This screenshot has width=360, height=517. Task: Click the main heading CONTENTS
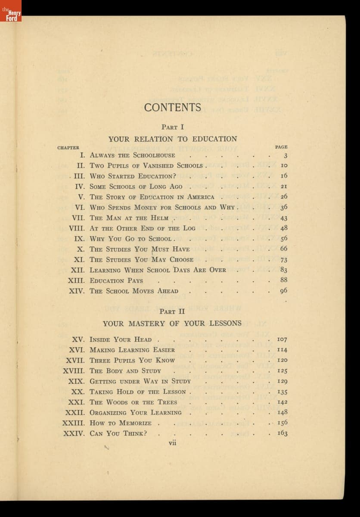pos(173,107)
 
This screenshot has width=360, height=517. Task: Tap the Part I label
pos(173,127)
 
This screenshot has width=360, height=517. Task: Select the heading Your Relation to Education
pos(173,139)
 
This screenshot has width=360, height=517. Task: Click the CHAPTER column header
pos(68,147)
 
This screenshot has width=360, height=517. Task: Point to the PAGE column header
pos(281,147)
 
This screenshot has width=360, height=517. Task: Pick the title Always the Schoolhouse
pos(132,156)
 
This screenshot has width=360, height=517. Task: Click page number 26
pos(284,197)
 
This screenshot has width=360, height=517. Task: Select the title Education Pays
pos(116,280)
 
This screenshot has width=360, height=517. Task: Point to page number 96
pos(283,291)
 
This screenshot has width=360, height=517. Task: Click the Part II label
pos(172,311)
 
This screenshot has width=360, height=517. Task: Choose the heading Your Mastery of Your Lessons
pos(172,324)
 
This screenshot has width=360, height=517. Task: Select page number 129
pos(282,381)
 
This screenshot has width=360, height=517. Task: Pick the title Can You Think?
pos(118,433)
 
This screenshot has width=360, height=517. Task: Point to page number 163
pos(282,433)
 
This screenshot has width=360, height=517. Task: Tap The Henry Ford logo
pos(11,11)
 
